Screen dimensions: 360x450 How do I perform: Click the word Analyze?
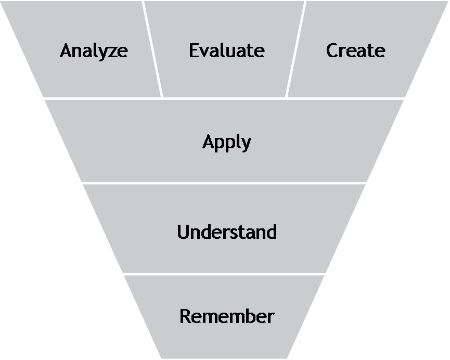pos(94,51)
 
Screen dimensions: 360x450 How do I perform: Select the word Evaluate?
pos(226,50)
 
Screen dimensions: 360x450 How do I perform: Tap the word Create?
pos(355,50)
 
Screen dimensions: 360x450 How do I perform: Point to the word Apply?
pos(226,142)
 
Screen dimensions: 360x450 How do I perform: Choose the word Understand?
pos(226,232)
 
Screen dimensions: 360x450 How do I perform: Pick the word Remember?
pos(226,316)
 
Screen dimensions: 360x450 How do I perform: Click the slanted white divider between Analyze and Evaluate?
pos(152,49)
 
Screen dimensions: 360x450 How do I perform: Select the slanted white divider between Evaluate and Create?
pos(295,49)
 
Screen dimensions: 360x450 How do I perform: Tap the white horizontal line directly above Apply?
pos(224,98)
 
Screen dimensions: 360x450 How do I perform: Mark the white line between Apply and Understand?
pos(221,183)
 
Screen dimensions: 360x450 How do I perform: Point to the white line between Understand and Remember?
pos(224,274)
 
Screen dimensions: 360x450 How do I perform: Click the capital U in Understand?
pos(183,232)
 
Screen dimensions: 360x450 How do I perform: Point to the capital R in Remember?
pos(185,316)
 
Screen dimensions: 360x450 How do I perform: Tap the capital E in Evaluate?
pos(194,50)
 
